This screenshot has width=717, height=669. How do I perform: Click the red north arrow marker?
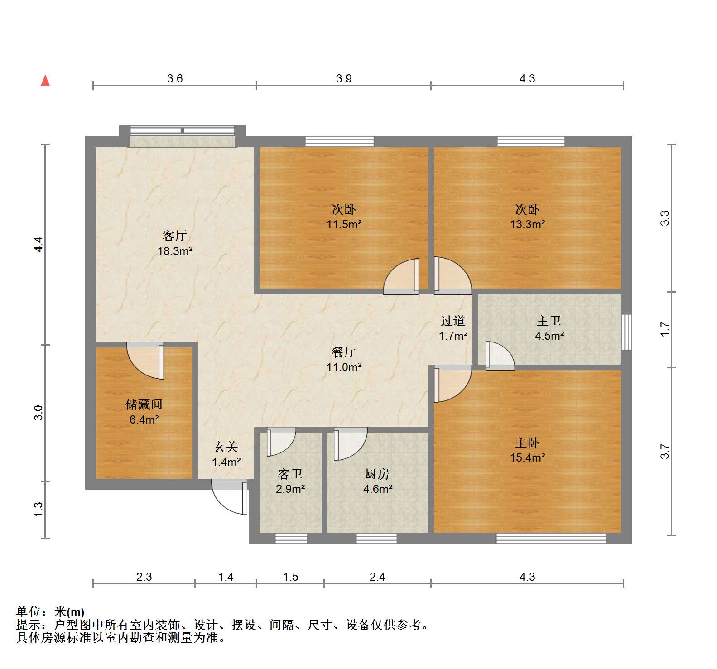(45, 80)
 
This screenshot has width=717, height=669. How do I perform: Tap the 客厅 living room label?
(175, 236)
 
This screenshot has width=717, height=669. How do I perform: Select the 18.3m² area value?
(175, 251)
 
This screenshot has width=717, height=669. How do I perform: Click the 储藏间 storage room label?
(144, 404)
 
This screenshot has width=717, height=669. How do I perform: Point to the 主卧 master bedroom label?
(527, 443)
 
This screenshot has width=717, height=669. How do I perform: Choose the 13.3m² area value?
(527, 224)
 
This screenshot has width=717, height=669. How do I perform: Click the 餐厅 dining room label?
(344, 351)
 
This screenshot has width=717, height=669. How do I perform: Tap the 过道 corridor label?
(453, 321)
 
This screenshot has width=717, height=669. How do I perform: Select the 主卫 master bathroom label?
(549, 321)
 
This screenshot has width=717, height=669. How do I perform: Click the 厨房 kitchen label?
(377, 474)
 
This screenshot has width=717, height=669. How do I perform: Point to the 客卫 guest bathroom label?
(290, 474)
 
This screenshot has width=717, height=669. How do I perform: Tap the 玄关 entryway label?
(226, 447)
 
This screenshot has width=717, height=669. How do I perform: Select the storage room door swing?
(145, 361)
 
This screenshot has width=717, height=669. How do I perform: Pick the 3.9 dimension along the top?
(344, 78)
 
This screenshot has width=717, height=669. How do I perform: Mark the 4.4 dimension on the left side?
(39, 245)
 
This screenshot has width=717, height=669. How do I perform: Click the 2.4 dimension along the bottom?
(377, 577)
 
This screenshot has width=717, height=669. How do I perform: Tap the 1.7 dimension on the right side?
(664, 329)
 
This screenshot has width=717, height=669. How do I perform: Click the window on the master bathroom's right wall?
(626, 332)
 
